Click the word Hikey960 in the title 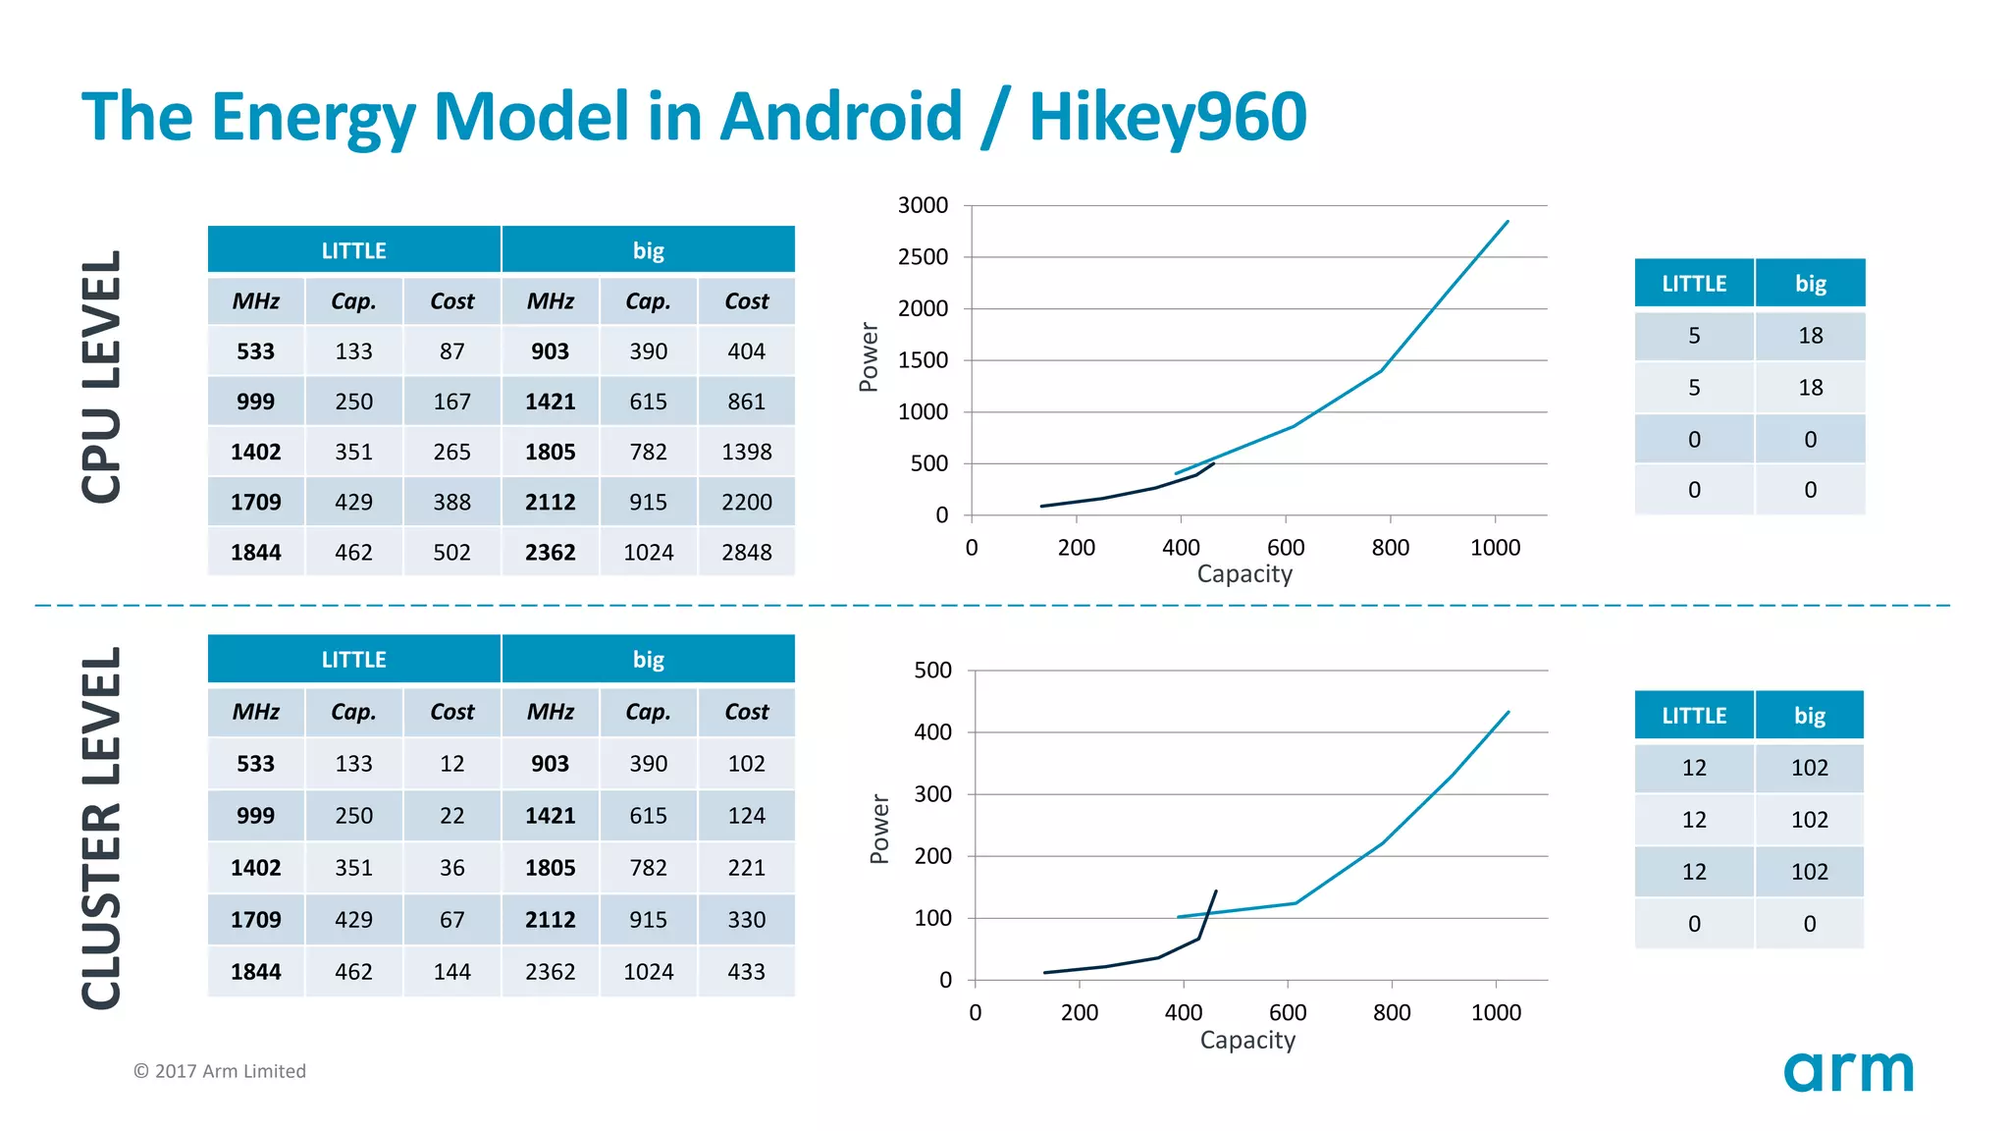(1167, 117)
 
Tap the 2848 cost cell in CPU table (746, 553)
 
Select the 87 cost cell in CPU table (451, 351)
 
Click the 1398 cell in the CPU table (746, 452)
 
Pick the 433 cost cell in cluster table (746, 972)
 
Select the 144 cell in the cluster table (451, 972)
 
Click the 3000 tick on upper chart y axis (923, 205)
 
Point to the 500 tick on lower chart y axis (932, 671)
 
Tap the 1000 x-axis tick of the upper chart (1495, 548)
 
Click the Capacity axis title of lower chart (1247, 1040)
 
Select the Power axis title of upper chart (869, 357)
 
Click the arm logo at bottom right (1848, 1071)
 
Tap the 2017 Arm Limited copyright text (220, 1071)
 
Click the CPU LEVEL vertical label (101, 377)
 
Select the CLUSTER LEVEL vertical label (101, 828)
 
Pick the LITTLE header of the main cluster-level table (353, 660)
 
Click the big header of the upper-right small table (1810, 284)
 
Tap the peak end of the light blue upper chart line (1507, 222)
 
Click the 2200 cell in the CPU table (746, 503)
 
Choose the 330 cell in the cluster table (746, 920)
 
